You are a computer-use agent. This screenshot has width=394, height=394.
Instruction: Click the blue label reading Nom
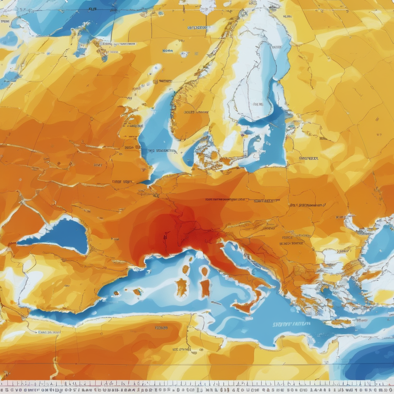[167, 51]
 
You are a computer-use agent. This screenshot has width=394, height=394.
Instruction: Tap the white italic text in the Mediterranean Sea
[292, 324]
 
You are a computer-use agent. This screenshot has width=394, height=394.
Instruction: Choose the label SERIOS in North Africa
[162, 328]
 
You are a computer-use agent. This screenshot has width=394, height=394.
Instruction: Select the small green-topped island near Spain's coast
[137, 291]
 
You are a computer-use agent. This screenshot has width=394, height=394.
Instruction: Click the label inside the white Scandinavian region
[258, 104]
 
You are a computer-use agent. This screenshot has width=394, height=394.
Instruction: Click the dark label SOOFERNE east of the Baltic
[308, 158]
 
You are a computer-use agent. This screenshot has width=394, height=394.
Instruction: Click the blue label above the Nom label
[199, 28]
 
